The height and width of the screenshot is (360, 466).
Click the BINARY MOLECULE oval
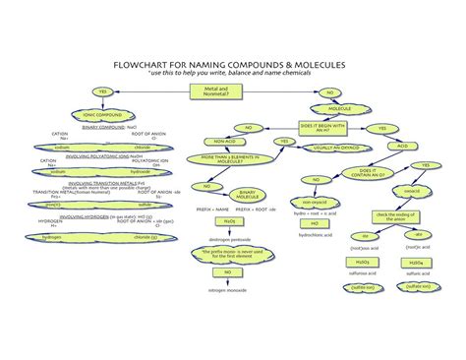coord(234,195)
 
